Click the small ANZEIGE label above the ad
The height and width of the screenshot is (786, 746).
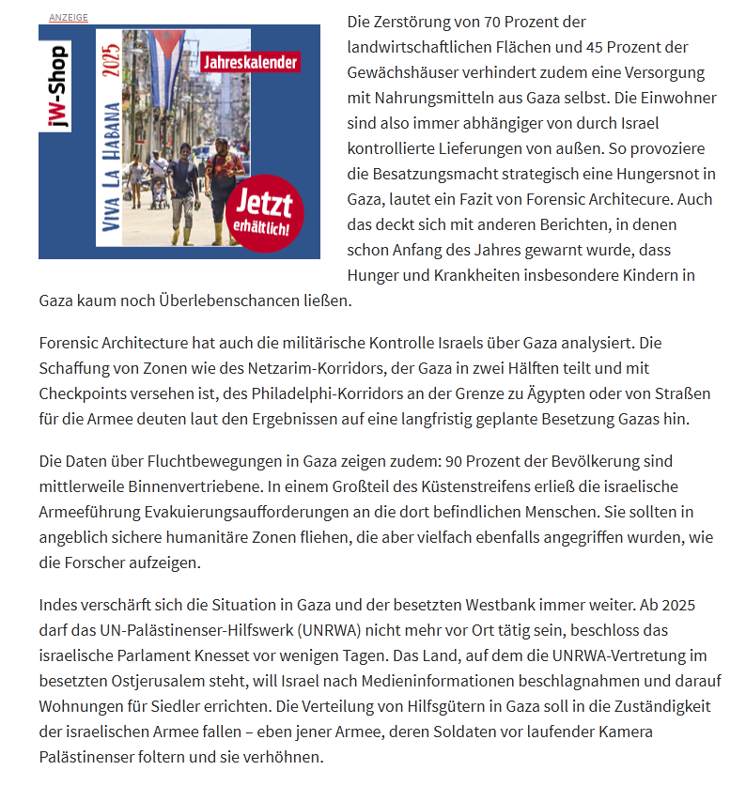(69, 18)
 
